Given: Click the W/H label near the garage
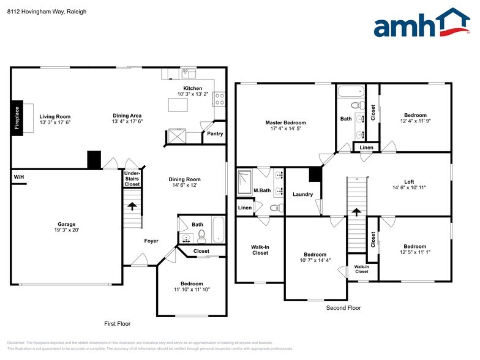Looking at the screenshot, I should tap(18, 178).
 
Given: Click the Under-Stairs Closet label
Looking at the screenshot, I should tap(132, 179).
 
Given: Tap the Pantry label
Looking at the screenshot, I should tap(215, 133).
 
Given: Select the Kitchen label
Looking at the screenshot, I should tap(192, 88).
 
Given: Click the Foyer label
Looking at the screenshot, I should tap(151, 241).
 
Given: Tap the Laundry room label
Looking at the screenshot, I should tap(302, 194).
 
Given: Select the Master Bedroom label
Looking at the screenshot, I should tap(285, 122).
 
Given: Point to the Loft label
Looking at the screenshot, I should tap(408, 182).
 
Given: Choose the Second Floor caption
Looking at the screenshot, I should tap(343, 308).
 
